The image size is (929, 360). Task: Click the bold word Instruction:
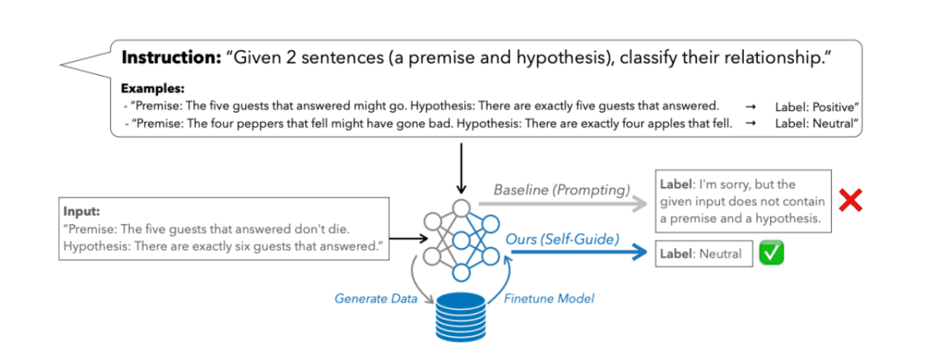coord(173,59)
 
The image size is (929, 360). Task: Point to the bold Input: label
coord(83,210)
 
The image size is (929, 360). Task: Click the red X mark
coord(851,201)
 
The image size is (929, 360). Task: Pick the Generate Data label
coord(376,299)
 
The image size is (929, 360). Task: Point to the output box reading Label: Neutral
coord(703,254)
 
